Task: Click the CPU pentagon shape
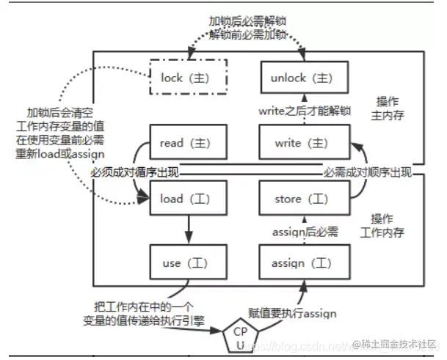pyautogui.click(x=240, y=337)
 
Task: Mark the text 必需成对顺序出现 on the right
pyautogui.click(x=368, y=172)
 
